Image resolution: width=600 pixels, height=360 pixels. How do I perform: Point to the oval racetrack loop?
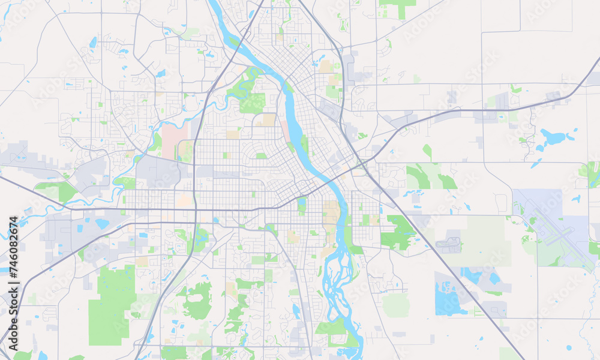[x=449, y=244]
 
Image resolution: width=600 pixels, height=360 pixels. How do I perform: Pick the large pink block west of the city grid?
[x=175, y=140]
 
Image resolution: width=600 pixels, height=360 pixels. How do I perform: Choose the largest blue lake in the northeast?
[x=553, y=137]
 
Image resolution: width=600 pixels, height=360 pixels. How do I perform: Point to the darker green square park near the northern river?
[x=253, y=103]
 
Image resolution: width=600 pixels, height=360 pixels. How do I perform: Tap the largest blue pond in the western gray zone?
[x=101, y=224]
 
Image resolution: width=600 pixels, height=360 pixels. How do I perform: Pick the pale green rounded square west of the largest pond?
[x=395, y=305]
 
